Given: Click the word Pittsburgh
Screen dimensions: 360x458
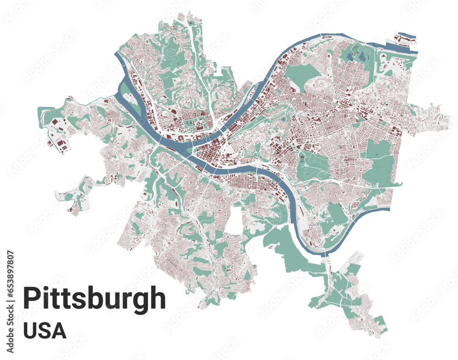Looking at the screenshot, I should (94, 299).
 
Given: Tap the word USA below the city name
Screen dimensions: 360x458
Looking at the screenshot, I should (44, 331).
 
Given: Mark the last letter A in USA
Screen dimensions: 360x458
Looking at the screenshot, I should (60, 331).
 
